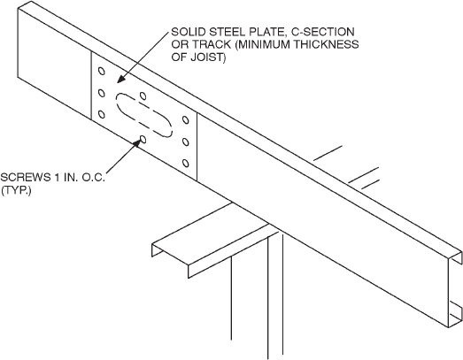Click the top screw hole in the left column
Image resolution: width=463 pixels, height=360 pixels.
[x=101, y=72]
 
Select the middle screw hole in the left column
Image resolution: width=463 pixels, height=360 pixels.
[x=100, y=92]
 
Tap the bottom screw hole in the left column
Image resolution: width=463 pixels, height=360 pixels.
[x=100, y=112]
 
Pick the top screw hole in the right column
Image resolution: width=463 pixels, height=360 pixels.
[x=185, y=119]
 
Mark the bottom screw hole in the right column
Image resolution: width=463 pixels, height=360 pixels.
[x=184, y=161]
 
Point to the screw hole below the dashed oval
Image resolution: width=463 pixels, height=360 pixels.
[x=143, y=139]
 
